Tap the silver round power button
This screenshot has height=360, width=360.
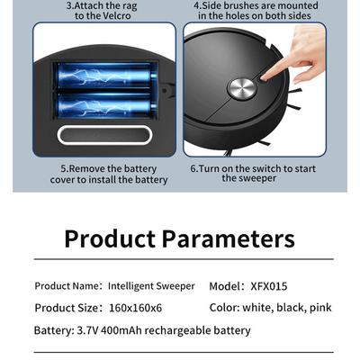[240, 88]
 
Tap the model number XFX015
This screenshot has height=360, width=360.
[269, 285]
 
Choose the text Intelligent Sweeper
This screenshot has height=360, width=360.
[151, 285]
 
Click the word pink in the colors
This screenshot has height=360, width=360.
[319, 308]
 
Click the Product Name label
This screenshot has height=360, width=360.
[67, 285]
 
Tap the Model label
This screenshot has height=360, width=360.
[224, 285]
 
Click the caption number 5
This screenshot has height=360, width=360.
[64, 168]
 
